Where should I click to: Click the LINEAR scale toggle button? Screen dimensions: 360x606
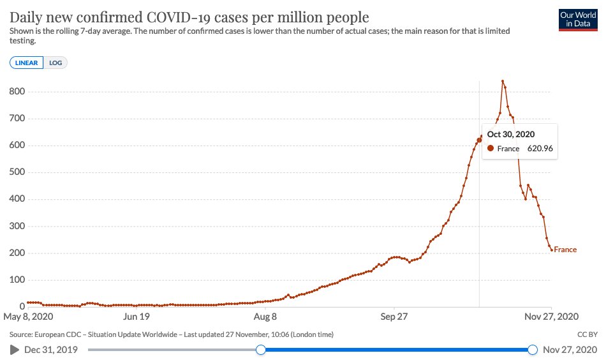click(x=27, y=63)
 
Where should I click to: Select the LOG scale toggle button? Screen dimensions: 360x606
click(x=55, y=63)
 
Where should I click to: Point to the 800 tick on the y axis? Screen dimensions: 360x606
click(x=17, y=92)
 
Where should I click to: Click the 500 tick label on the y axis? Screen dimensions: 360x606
click(x=17, y=172)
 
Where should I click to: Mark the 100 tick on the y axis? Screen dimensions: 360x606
click(x=17, y=280)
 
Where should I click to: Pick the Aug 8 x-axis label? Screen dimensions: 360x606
click(x=265, y=316)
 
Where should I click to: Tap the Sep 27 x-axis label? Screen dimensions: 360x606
click(x=394, y=316)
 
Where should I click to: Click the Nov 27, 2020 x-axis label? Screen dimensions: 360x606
click(x=551, y=316)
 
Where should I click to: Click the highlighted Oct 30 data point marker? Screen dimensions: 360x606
click(x=479, y=140)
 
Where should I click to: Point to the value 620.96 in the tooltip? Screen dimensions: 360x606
click(x=539, y=149)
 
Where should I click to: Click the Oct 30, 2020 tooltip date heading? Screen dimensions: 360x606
click(x=510, y=134)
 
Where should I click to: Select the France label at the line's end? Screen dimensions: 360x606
click(x=565, y=250)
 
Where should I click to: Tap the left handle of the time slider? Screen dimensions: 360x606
click(x=260, y=350)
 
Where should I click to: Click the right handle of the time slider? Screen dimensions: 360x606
click(x=533, y=350)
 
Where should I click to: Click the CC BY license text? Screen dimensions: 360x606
click(x=586, y=334)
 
